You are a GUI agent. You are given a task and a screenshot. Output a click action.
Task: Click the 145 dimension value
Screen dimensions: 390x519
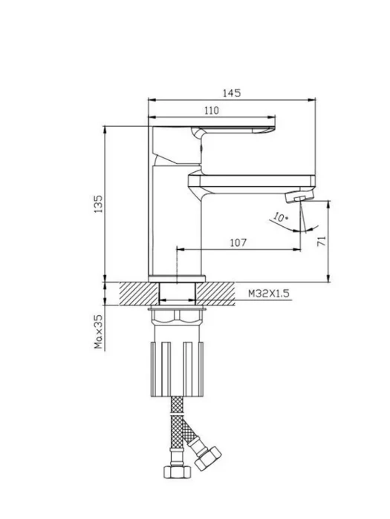point(232,93)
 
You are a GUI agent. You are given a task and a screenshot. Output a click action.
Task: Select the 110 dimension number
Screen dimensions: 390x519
point(212,110)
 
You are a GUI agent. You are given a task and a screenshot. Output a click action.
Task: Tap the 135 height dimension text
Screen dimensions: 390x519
point(99,204)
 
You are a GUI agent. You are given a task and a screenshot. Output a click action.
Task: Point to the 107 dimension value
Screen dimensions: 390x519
point(238,242)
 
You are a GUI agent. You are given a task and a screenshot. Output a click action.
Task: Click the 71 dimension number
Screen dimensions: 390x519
point(322,241)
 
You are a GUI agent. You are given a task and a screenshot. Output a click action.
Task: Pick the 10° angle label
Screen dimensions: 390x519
point(281,217)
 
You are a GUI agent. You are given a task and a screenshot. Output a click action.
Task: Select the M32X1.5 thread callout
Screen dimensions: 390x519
point(269,294)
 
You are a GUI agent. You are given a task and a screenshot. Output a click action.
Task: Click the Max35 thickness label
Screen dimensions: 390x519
point(99,331)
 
